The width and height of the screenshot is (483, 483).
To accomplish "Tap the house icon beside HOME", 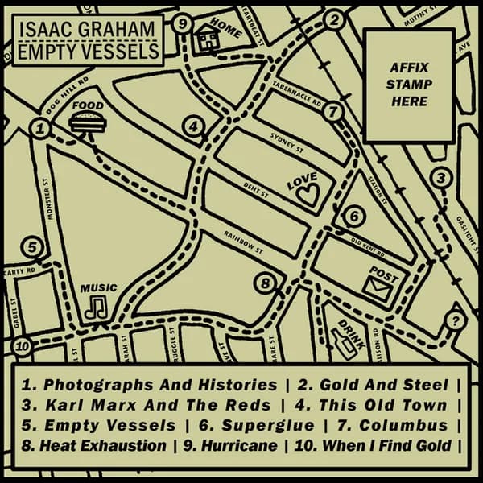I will [208, 36].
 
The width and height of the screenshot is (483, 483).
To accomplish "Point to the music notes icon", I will [98, 307].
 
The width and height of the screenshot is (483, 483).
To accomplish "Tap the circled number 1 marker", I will [39, 127].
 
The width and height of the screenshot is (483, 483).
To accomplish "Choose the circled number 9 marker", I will [183, 24].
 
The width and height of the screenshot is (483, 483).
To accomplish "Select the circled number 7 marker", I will [335, 113].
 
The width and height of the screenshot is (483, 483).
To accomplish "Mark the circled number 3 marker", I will [440, 179].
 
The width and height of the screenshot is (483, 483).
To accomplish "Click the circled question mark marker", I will [456, 322].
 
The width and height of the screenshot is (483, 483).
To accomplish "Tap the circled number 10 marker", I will [23, 348].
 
